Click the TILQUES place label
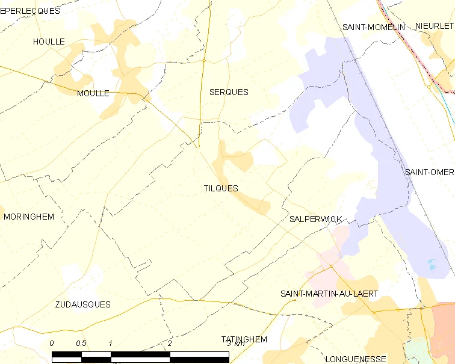221,188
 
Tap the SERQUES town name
229,92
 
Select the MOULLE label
93,93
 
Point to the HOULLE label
49,42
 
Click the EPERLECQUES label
30,11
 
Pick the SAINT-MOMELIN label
374,27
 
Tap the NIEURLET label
434,26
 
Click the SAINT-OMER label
429,172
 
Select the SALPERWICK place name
315,219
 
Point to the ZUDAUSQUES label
83,304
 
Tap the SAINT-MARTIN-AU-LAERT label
329,294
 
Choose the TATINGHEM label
244,339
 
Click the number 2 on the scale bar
170,343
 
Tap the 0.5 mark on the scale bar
81,343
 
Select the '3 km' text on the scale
235,343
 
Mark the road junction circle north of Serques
204,60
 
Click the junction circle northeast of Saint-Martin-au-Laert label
331,266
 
